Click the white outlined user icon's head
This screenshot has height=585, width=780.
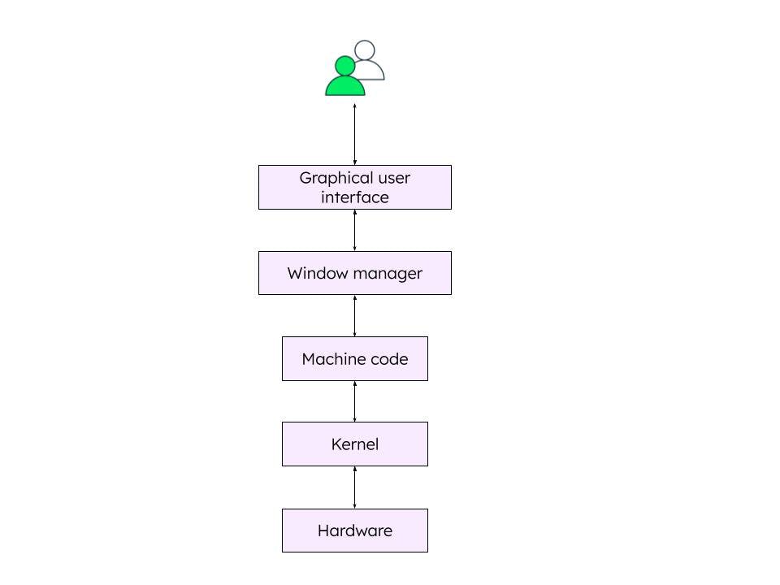(x=366, y=50)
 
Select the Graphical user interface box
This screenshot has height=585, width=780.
(x=354, y=188)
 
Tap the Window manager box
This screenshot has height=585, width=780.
(x=354, y=273)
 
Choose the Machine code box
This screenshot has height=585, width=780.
(x=354, y=359)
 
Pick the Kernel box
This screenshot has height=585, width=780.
(x=354, y=444)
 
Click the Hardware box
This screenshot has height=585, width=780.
(x=354, y=531)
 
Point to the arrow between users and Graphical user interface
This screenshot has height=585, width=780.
(x=354, y=134)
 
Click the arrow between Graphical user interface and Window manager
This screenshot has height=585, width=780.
(x=354, y=231)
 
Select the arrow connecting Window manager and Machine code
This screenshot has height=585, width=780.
(x=354, y=316)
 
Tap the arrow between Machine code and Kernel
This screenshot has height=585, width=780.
(x=354, y=401)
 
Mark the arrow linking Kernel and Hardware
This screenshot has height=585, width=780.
(x=354, y=487)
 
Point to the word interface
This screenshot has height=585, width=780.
(x=354, y=197)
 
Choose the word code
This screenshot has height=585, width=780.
(x=389, y=359)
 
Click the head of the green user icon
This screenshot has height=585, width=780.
(x=345, y=65)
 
